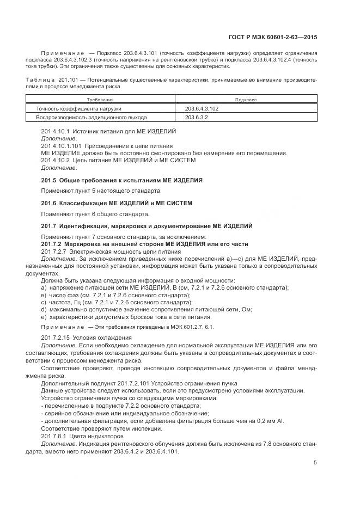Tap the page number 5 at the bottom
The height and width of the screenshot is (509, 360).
pyautogui.click(x=315, y=463)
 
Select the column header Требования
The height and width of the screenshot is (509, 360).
pyautogui.click(x=101, y=100)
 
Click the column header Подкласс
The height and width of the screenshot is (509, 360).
pyautogui.click(x=246, y=100)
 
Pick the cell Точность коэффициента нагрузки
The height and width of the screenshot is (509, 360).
pyautogui.click(x=78, y=108)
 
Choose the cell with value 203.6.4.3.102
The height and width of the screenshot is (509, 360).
pyautogui.click(x=202, y=108)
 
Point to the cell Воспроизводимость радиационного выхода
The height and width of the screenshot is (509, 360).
pyautogui.click(x=91, y=117)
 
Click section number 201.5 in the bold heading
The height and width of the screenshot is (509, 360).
pyautogui.click(x=49, y=180)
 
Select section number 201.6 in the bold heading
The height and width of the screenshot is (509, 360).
pyautogui.click(x=49, y=203)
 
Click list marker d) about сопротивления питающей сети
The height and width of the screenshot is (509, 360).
pyautogui.click(x=44, y=310)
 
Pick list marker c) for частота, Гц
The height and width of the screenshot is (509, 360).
pyautogui.click(x=44, y=302)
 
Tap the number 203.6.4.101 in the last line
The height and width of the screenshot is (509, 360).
pyautogui.click(x=163, y=451)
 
